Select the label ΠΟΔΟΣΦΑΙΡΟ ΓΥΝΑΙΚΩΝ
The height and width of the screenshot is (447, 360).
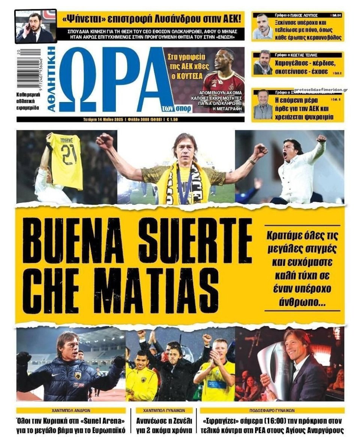click(272, 410)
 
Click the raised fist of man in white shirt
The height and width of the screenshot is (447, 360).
click(321, 138)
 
